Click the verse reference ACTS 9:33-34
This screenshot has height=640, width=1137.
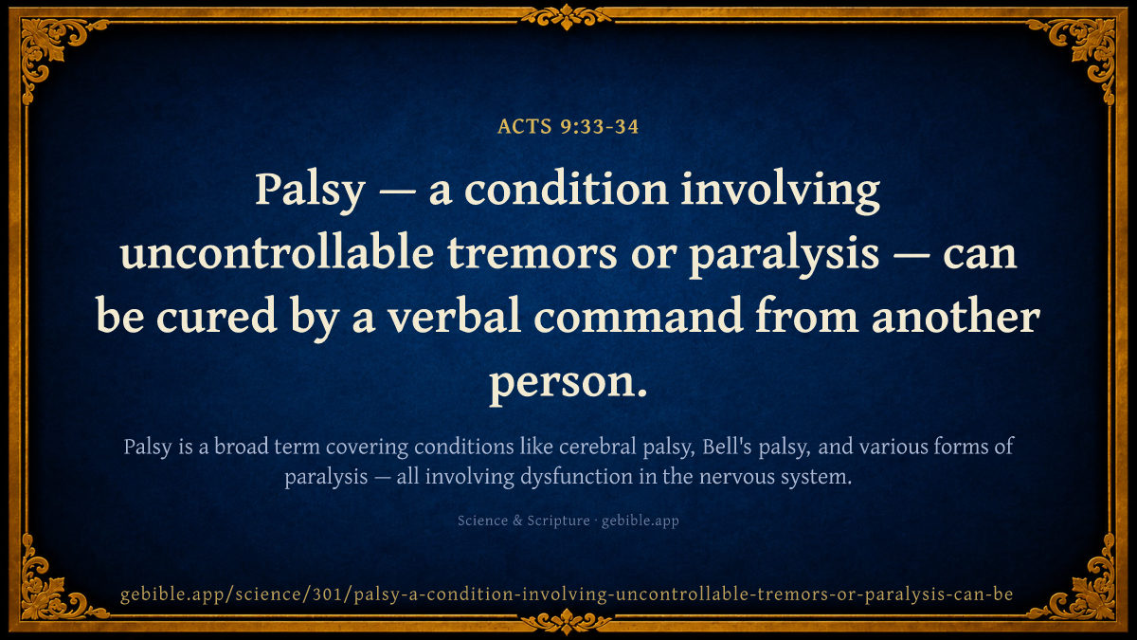568,126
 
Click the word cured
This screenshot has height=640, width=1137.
216,316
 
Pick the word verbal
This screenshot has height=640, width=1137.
454,316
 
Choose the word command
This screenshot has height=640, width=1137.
639,316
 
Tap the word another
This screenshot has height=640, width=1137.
956,316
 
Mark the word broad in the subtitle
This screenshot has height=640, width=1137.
241,447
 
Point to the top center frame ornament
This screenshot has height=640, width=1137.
566,17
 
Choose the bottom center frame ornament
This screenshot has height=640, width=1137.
566,622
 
